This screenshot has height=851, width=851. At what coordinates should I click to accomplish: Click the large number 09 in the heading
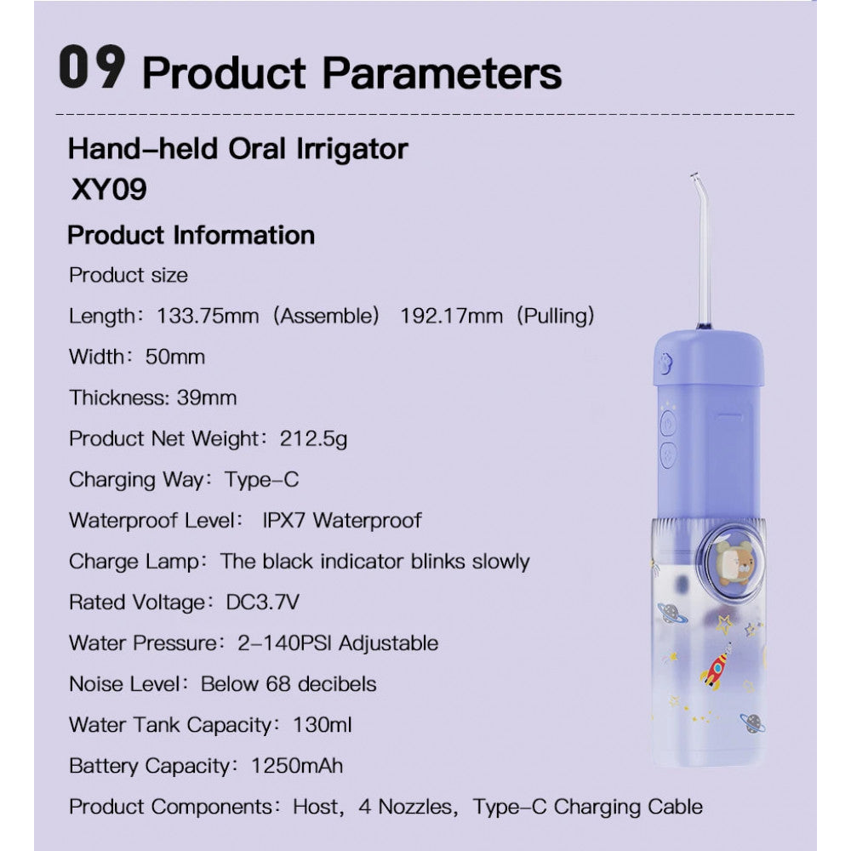tap(92, 69)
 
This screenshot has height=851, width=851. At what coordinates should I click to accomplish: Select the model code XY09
tap(107, 189)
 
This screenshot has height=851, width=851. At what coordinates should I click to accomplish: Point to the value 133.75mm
tap(208, 317)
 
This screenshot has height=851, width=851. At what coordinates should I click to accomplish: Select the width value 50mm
tap(175, 357)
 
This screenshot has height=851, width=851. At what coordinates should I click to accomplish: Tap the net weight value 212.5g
tap(313, 438)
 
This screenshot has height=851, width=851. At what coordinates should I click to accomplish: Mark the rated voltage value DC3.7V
tap(262, 602)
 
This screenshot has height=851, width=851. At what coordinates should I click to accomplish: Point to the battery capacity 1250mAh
tap(298, 765)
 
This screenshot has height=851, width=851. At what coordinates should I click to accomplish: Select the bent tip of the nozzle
tap(696, 180)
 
